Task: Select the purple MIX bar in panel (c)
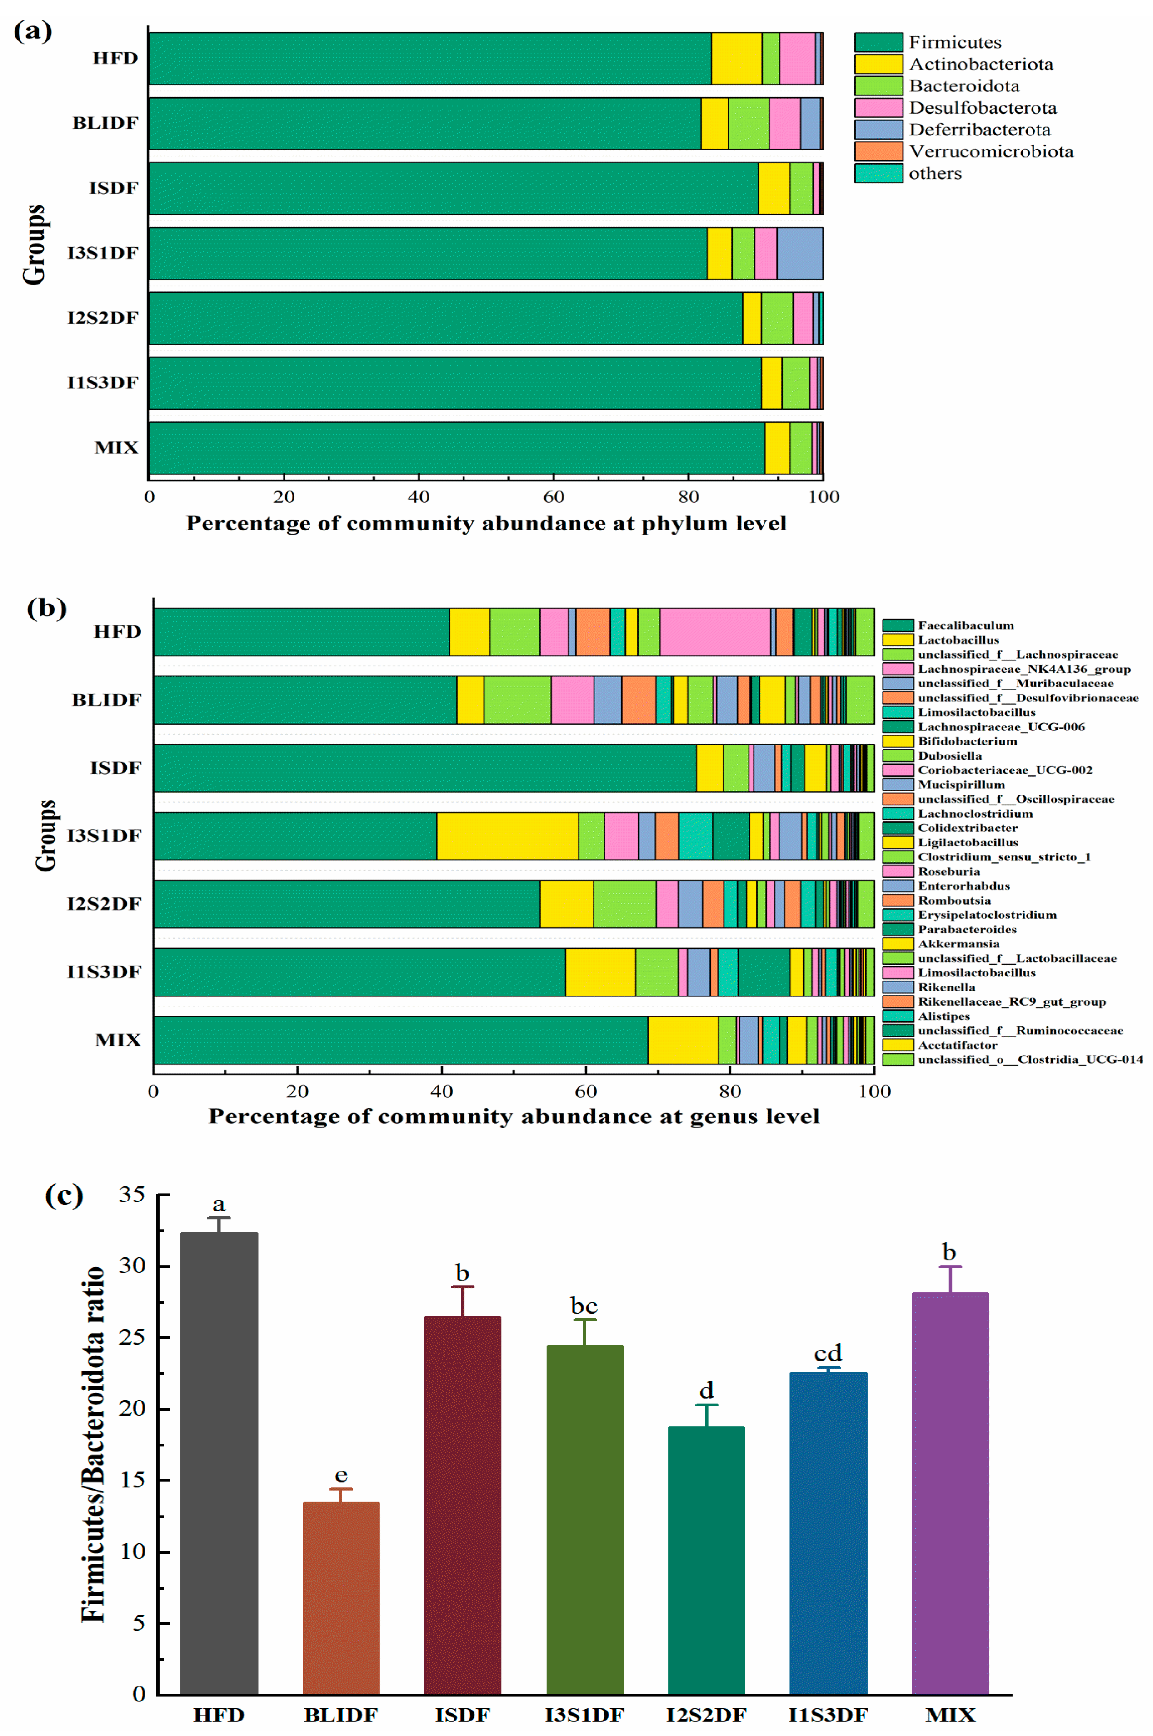pyautogui.click(x=949, y=1493)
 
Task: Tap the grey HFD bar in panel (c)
pyautogui.click(x=219, y=1463)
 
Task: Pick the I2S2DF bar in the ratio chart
pyautogui.click(x=706, y=1559)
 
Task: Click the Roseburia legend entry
pyautogui.click(x=948, y=871)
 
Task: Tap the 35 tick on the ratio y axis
pyautogui.click(x=132, y=1195)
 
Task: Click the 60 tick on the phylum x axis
pyautogui.click(x=553, y=497)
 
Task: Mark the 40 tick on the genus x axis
pyautogui.click(x=441, y=1091)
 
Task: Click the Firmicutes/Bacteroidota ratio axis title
pyautogui.click(x=93, y=1445)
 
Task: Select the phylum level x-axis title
pyautogui.click(x=486, y=524)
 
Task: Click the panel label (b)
pyautogui.click(x=46, y=608)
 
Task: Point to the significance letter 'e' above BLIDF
pyautogui.click(x=340, y=1476)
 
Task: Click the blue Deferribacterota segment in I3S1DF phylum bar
pyautogui.click(x=799, y=254)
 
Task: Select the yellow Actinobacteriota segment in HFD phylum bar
pyautogui.click(x=736, y=59)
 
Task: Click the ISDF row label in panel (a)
pyautogui.click(x=114, y=188)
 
